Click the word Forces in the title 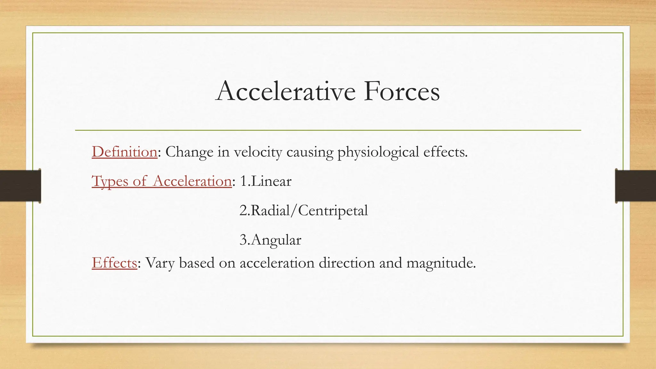[x=402, y=91]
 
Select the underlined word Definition [x=124, y=152]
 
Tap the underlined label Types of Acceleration [x=162, y=181]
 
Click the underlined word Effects [x=114, y=263]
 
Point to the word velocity [x=258, y=152]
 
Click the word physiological [x=378, y=152]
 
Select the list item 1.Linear [x=266, y=181]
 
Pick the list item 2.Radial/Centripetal [x=303, y=210]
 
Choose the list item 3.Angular [x=270, y=240]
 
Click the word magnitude [x=441, y=263]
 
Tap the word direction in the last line [x=347, y=263]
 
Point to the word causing [x=310, y=152]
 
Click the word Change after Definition [x=189, y=152]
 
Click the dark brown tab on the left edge [x=20, y=186]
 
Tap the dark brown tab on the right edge [x=635, y=186]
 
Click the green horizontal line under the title [x=328, y=130]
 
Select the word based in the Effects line [x=197, y=263]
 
